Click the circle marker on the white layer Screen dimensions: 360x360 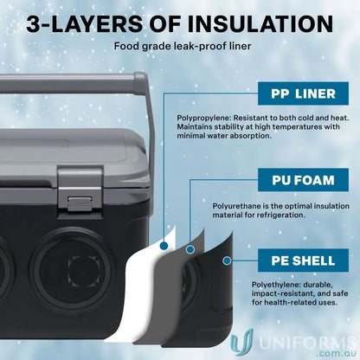[164, 245]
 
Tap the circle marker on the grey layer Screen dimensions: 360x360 [190, 251]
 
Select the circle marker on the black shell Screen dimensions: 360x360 [227, 259]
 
